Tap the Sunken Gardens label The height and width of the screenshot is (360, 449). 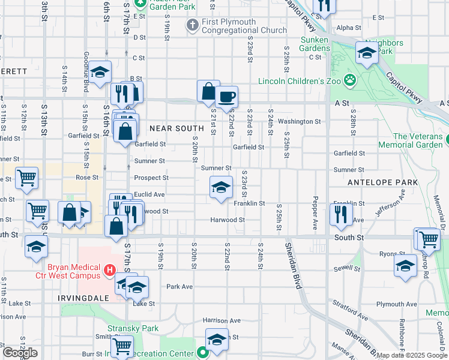point(313,44)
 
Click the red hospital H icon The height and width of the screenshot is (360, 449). point(109,271)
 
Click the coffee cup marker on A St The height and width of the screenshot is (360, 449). point(226,97)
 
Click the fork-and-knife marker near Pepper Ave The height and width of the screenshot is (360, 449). point(340,215)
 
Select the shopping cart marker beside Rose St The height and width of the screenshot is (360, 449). point(26,179)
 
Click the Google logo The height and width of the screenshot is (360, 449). point(20,353)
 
